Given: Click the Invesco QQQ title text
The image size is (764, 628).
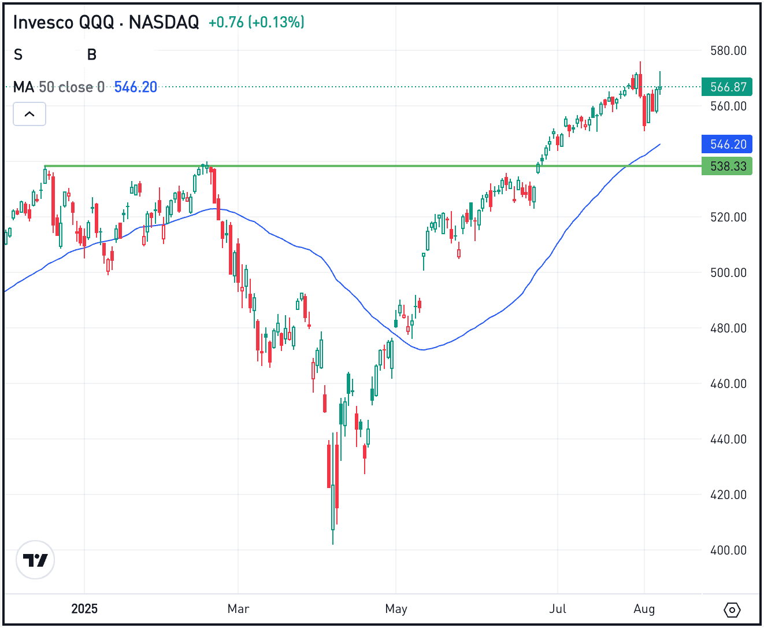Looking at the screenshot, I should point(106,23).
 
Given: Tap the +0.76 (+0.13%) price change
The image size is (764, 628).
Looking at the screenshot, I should point(256,23).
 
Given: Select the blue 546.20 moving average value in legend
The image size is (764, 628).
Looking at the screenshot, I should point(136,87).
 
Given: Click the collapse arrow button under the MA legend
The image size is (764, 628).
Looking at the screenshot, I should point(29,114).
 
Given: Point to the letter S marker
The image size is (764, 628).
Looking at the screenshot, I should point(18,55).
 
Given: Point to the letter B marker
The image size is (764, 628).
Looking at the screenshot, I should point(92,55).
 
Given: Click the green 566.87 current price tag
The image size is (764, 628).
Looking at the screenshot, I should point(728,87).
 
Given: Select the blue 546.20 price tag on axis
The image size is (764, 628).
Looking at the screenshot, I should point(728,145).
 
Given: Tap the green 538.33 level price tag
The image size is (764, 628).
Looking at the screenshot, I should point(728,167).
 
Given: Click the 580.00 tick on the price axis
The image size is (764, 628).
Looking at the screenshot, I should point(728,51).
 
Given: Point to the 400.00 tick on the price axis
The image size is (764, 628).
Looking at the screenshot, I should point(728,551).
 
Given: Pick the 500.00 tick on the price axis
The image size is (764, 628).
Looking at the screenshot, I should point(728,273).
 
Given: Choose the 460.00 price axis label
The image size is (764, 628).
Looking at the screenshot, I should point(728,384).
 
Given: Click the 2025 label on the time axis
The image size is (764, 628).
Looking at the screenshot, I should point(84,609).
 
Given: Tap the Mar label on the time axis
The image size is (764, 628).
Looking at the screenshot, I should point(238,609).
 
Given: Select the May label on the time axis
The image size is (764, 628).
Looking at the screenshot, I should point(396,609).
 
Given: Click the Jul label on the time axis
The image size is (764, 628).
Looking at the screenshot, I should point(558,609).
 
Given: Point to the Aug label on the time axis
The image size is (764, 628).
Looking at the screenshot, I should point(644,609).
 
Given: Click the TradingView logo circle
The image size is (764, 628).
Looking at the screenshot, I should point(35,560).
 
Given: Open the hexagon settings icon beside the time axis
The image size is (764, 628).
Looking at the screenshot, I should point(732,610).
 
